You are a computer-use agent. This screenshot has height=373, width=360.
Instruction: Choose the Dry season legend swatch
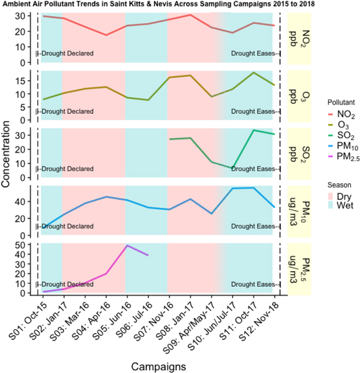328,195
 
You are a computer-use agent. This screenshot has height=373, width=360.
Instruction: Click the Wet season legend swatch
328,206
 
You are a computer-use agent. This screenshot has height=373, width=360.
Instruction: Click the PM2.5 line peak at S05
126,245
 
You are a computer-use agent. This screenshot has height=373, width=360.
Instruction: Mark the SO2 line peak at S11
254,130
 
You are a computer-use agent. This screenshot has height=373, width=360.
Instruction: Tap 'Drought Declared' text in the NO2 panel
66,54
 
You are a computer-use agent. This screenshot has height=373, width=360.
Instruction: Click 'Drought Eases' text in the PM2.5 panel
252,284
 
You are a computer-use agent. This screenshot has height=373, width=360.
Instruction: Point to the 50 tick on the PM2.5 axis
28,245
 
